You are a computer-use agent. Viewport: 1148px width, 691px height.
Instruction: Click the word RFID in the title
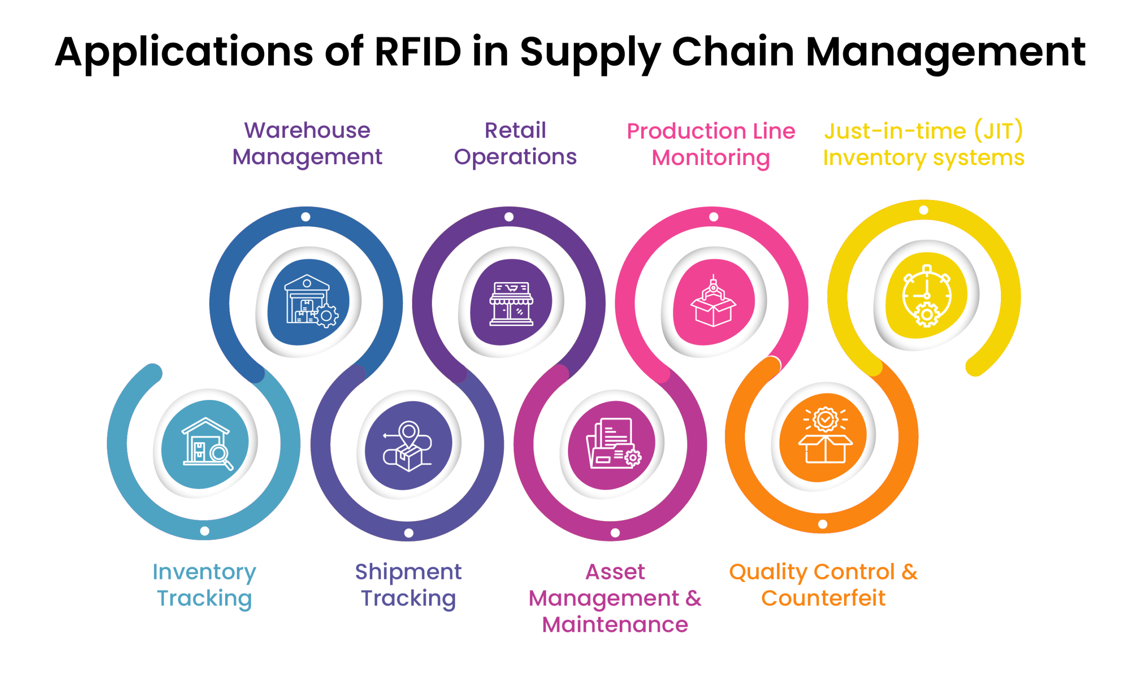[x=417, y=52]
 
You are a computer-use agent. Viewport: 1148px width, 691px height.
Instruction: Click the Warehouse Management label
[x=307, y=143]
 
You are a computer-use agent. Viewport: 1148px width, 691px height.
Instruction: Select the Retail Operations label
[x=515, y=143]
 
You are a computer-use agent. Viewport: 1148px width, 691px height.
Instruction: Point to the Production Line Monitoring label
[x=710, y=144]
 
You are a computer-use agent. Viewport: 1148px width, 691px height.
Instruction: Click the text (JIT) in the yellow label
[x=998, y=131]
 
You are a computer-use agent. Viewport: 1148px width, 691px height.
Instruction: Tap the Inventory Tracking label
[x=204, y=584]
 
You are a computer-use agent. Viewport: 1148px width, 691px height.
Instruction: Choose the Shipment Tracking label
[x=408, y=584]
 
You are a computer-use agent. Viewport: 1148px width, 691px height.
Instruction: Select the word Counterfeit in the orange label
[x=822, y=598]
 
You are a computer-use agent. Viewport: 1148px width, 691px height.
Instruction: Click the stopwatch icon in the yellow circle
[x=926, y=296]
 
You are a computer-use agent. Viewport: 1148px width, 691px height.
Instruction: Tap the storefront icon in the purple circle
[x=511, y=303]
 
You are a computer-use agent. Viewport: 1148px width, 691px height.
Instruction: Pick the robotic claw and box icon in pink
[x=713, y=302]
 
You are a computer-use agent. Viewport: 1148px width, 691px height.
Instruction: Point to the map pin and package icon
[x=407, y=446]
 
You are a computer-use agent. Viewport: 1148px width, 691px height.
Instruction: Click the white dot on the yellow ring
[x=924, y=210]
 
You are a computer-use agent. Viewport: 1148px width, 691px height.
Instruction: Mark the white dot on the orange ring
[x=822, y=524]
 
